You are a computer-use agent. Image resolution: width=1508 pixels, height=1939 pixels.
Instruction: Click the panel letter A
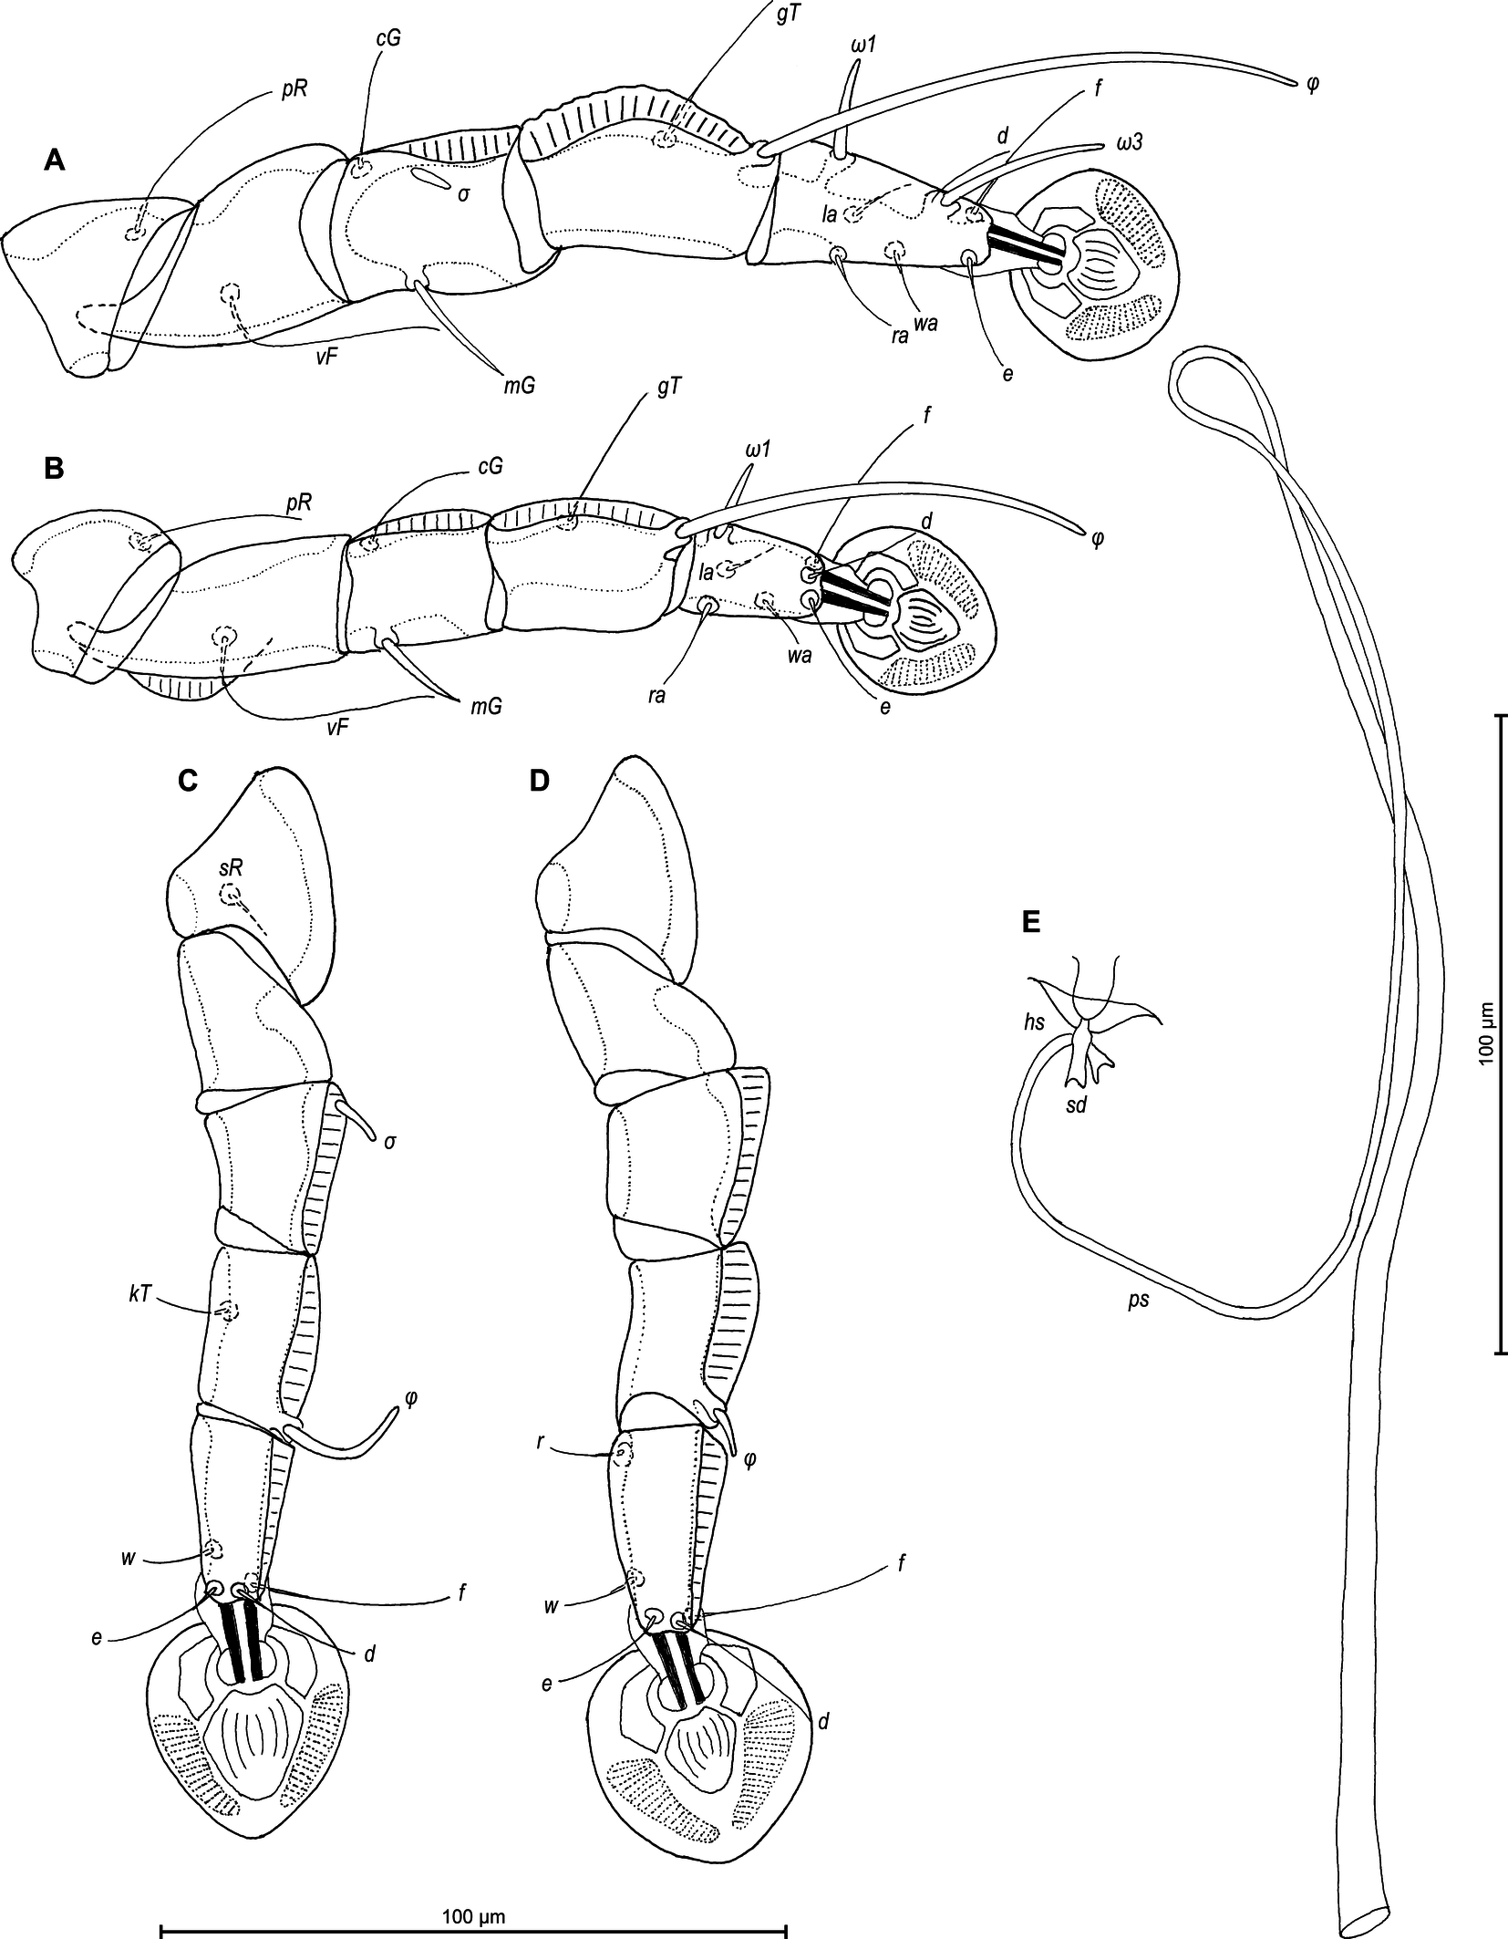[x=56, y=162]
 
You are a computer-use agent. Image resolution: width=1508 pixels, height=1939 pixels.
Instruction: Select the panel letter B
[x=55, y=469]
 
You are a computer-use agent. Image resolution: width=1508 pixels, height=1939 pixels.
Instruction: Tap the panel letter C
[x=188, y=782]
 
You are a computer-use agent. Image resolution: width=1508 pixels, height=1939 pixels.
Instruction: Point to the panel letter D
[x=541, y=782]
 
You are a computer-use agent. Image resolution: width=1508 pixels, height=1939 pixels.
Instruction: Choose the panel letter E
[x=1031, y=923]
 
